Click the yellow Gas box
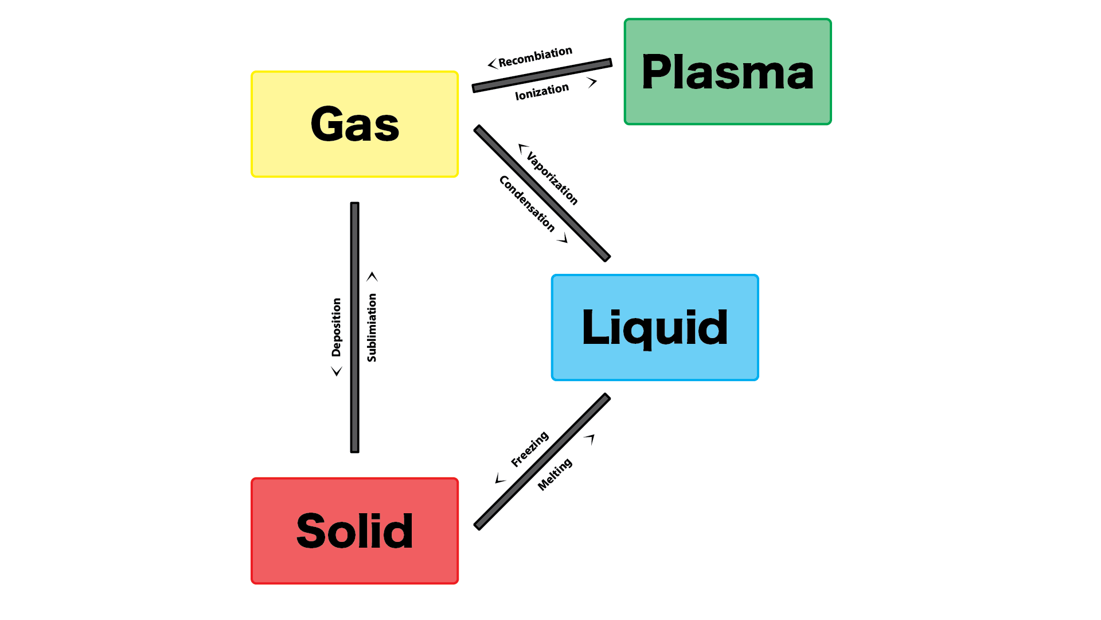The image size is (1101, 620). point(354,124)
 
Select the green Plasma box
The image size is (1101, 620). point(727,72)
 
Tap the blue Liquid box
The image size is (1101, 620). point(655,327)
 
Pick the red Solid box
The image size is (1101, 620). point(354,531)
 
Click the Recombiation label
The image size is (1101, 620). point(535,56)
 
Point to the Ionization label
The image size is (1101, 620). point(542,91)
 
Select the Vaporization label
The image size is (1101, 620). point(552,178)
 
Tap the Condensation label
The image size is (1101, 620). point(527,203)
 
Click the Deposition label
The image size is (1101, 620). point(337,327)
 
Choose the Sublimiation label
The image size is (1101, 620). point(372,327)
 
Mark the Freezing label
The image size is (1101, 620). point(530,449)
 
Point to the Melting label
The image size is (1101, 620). point(555,474)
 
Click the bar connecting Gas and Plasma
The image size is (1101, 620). point(542,75)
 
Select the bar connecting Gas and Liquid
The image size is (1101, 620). point(542,193)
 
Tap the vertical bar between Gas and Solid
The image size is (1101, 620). point(354,327)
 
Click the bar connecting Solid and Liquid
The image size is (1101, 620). point(542,461)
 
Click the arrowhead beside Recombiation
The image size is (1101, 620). point(492,64)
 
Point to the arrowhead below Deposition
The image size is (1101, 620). point(337,371)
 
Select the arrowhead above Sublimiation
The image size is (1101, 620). point(372,277)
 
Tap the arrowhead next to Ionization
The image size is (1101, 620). point(592,83)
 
